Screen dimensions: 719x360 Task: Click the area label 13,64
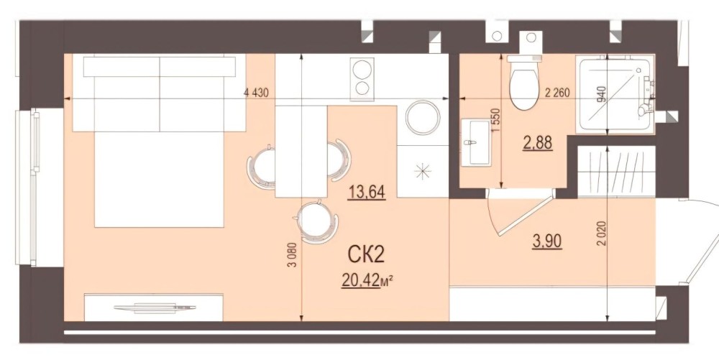(367, 191)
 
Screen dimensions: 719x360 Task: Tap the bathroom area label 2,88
(538, 142)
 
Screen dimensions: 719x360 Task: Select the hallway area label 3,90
(547, 240)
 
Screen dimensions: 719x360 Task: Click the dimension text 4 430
(256, 93)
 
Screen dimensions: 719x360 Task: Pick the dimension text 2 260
(557, 93)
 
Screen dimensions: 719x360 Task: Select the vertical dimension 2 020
(601, 234)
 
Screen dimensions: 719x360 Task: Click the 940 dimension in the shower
(601, 94)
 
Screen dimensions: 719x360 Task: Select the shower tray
(615, 95)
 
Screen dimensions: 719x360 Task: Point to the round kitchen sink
(422, 117)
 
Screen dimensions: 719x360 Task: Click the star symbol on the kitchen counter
(422, 171)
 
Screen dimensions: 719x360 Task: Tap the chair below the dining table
(316, 222)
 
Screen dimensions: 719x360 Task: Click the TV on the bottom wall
(155, 308)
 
